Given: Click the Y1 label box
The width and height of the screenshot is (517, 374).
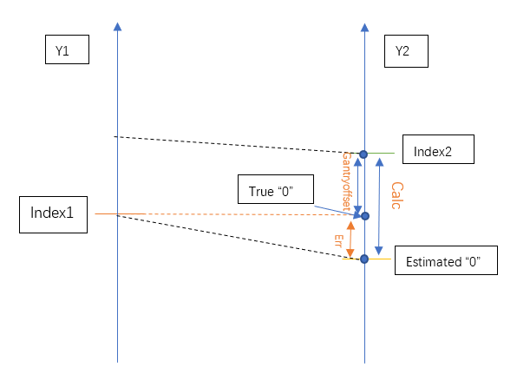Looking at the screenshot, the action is pyautogui.click(x=67, y=49).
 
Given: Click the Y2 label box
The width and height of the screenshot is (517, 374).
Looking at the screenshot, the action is pyautogui.click(x=406, y=51).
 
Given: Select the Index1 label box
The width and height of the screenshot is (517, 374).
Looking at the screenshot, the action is pyautogui.click(x=54, y=214).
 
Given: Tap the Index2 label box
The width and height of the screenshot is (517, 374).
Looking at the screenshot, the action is pyautogui.click(x=438, y=149).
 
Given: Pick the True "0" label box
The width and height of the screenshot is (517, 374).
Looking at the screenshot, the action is pyautogui.click(x=276, y=189).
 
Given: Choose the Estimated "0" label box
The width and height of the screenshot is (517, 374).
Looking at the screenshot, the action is pyautogui.click(x=446, y=260).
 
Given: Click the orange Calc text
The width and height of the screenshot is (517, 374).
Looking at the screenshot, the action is pyautogui.click(x=397, y=195).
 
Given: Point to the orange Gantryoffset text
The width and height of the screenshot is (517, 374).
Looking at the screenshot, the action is pyautogui.click(x=346, y=181).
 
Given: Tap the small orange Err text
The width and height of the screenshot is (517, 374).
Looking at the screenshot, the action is pyautogui.click(x=338, y=240).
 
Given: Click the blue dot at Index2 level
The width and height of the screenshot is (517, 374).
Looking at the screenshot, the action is pyautogui.click(x=363, y=154).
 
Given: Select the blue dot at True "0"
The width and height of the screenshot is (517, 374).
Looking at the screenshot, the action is pyautogui.click(x=365, y=216).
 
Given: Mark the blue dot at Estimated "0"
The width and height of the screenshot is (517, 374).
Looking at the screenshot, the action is pyautogui.click(x=364, y=259).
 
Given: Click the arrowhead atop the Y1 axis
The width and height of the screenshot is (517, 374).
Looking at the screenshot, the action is pyautogui.click(x=117, y=27).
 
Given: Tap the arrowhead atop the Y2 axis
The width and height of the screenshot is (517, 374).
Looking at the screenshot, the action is pyautogui.click(x=364, y=28).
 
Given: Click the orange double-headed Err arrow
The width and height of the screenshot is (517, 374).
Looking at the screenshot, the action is pyautogui.click(x=350, y=239).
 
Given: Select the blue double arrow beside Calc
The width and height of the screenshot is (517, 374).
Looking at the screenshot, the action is pyautogui.click(x=379, y=207).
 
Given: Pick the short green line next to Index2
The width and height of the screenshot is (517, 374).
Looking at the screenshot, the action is pyautogui.click(x=381, y=153).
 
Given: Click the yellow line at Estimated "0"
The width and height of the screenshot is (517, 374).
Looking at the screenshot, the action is pyautogui.click(x=367, y=259).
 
